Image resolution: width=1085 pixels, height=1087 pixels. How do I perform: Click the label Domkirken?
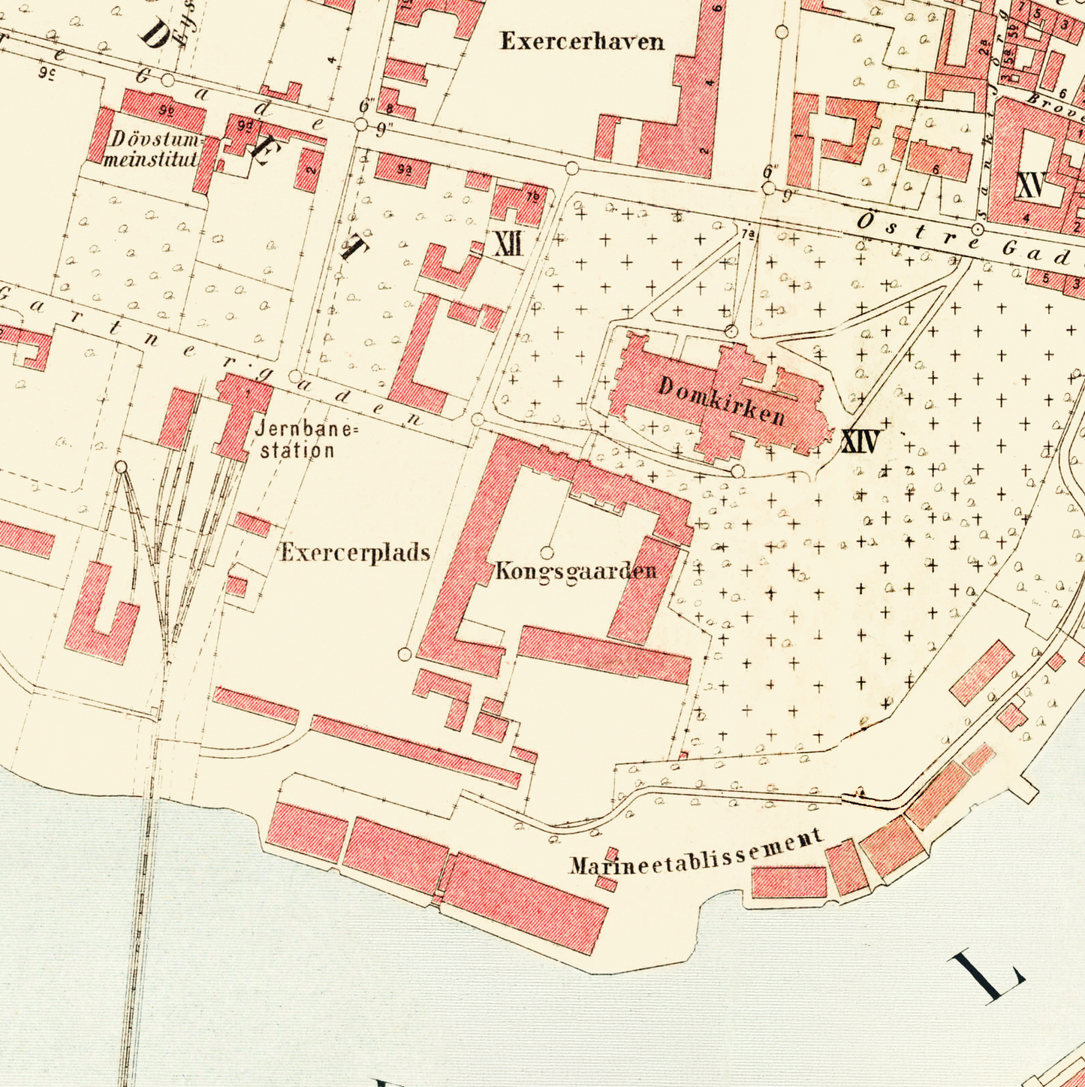tap(722, 400)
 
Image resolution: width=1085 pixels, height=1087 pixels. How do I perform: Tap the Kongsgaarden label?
tap(576, 571)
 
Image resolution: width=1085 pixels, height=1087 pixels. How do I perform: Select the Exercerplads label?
tap(355, 553)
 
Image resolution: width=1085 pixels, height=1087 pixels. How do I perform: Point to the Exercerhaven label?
tap(583, 41)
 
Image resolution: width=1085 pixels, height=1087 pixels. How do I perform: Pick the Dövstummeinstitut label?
tap(152, 149)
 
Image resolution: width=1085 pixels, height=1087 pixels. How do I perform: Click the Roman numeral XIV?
tap(860, 442)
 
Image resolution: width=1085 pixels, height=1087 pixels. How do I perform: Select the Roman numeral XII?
tap(509, 244)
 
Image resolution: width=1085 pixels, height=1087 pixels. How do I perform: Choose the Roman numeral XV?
tap(1030, 184)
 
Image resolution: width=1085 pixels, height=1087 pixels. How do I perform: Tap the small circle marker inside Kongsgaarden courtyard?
tap(547, 553)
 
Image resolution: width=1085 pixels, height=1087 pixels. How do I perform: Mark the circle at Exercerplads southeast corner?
tap(405, 654)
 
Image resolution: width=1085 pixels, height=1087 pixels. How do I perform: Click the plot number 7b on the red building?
tap(532, 197)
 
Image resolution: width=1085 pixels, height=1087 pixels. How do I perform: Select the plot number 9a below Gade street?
tap(404, 170)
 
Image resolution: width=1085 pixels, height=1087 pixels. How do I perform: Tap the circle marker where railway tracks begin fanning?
tap(121, 467)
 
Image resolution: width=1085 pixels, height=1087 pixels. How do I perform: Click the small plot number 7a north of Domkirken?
tap(747, 234)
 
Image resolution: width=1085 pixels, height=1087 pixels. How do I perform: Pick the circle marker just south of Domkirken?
tap(738, 471)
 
